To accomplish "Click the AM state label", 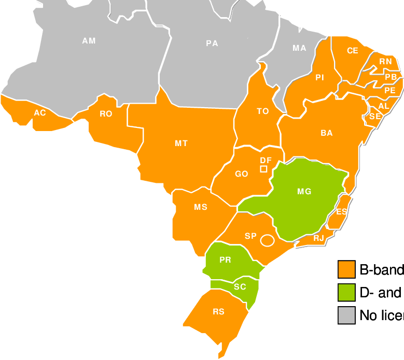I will (x=89, y=40).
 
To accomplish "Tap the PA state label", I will (x=212, y=44).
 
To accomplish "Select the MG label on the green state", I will (x=304, y=192).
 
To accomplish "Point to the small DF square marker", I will (x=263, y=169).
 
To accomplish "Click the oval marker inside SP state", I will (x=267, y=240).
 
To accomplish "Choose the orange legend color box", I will (x=346, y=269).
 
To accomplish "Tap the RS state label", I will (x=218, y=312).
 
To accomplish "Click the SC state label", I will (x=240, y=287).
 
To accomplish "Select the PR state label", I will (x=225, y=260).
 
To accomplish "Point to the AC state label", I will (x=40, y=112).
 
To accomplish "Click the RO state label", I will (x=106, y=114).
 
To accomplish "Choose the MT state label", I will (x=181, y=143).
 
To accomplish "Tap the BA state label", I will (x=326, y=133).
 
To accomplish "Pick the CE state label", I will (x=353, y=51).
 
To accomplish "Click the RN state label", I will (x=385, y=62).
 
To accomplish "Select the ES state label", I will (x=341, y=212).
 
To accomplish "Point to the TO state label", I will (x=263, y=111).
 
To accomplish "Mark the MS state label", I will (x=201, y=207).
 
